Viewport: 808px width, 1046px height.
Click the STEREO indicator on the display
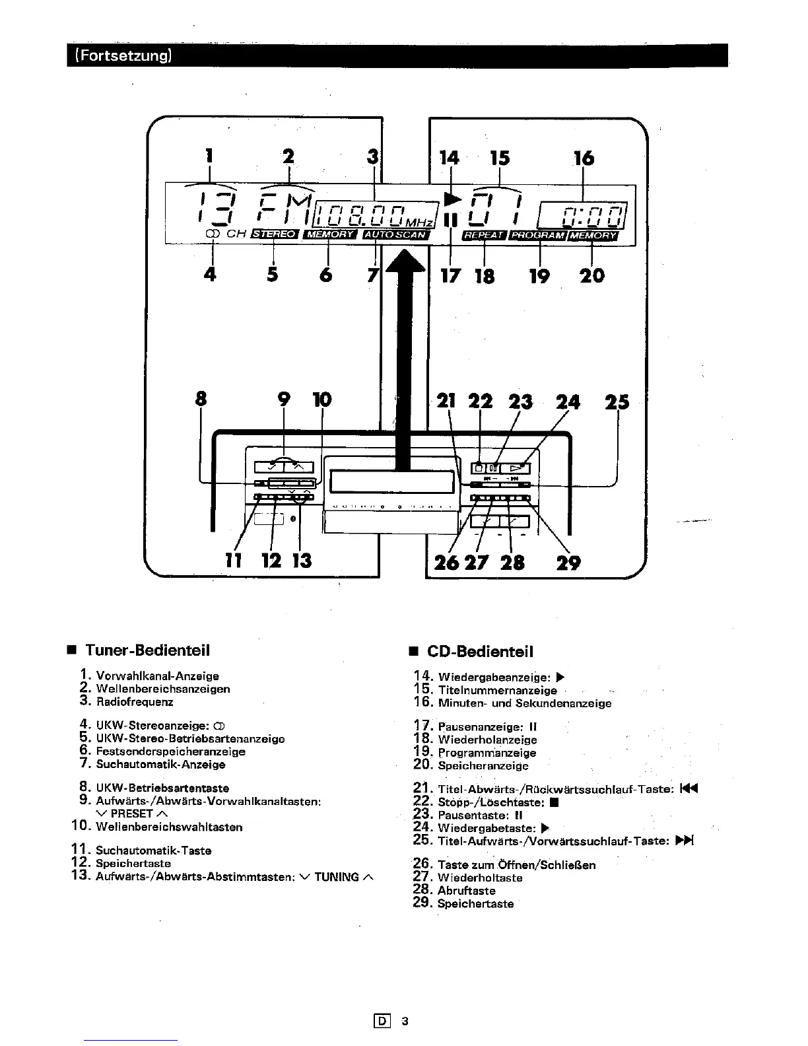tap(275, 234)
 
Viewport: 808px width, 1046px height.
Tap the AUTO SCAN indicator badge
tap(395, 234)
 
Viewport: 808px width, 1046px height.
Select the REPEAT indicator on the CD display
tap(484, 235)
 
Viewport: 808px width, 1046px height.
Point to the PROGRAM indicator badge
tap(537, 235)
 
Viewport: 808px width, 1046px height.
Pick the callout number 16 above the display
tap(584, 158)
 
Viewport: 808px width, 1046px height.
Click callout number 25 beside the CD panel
tap(617, 402)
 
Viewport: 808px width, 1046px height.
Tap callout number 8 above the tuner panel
tap(201, 399)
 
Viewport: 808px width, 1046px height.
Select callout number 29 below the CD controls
tap(568, 562)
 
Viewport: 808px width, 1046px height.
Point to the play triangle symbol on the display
tap(452, 198)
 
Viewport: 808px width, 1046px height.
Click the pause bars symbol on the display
tap(450, 221)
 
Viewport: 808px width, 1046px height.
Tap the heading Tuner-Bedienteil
tap(147, 650)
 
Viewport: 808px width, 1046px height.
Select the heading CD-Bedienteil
tap(480, 651)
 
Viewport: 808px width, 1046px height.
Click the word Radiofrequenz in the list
tap(134, 702)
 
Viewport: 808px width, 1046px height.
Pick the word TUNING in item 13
tap(337, 876)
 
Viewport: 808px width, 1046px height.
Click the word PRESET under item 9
tap(131, 814)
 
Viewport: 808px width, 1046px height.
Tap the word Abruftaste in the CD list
tap(466, 891)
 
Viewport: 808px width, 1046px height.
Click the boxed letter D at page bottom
tap(382, 1020)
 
